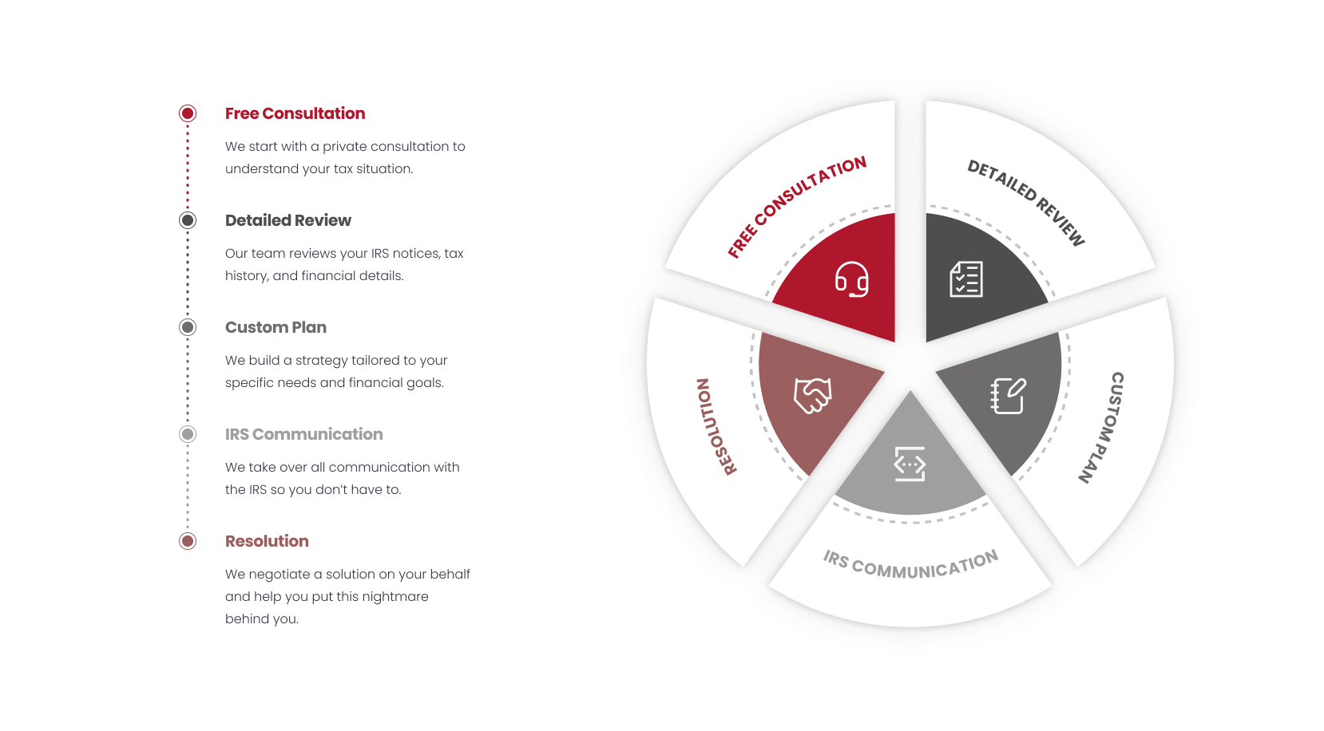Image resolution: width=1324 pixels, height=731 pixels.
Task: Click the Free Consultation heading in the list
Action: tap(295, 113)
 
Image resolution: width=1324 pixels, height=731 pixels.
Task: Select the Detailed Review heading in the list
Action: tap(287, 220)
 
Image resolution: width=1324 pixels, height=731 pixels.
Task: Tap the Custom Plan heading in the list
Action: tap(276, 327)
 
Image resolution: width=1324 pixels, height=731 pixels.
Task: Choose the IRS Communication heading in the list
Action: tap(303, 434)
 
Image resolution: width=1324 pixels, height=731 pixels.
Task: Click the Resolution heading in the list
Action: tap(267, 541)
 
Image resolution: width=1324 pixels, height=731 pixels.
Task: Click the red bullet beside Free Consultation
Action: tap(188, 113)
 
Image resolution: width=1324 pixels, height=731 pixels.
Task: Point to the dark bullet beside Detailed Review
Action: tap(188, 220)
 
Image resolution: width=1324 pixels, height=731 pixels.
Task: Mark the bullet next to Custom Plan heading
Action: tap(188, 327)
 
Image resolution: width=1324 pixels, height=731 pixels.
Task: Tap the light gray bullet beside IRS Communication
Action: tap(188, 434)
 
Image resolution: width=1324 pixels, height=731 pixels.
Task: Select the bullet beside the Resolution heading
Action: tap(188, 541)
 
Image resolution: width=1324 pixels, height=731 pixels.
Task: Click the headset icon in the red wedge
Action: tap(852, 279)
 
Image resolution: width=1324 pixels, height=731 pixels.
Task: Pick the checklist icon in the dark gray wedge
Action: tap(966, 279)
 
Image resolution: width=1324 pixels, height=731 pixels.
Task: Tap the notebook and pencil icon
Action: tap(1009, 396)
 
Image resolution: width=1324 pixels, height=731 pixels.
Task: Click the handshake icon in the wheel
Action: tap(813, 396)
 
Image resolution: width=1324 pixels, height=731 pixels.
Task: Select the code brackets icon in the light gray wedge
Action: tap(910, 464)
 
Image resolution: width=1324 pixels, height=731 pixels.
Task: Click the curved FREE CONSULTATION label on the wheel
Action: tap(796, 207)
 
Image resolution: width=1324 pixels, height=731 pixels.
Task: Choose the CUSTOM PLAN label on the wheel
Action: tap(1101, 428)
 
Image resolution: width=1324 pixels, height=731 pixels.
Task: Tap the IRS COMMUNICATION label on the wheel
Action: tap(911, 564)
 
